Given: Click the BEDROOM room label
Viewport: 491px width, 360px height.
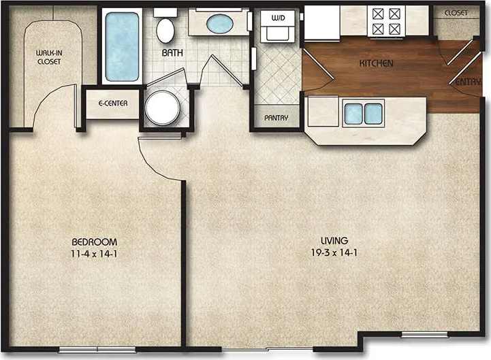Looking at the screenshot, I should (95, 242).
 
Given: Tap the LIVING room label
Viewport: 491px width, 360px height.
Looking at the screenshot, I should (336, 240).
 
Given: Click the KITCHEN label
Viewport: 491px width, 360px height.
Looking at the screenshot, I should (377, 63).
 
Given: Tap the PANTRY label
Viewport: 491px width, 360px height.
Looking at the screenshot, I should (276, 118).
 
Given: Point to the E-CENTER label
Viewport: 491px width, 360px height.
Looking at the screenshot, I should (112, 105).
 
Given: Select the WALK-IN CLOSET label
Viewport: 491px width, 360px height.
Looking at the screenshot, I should (48, 56).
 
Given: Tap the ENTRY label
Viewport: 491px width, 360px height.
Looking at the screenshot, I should (466, 82).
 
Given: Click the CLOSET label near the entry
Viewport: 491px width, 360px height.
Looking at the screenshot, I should (456, 13).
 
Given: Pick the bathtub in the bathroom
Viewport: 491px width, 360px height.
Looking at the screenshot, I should (123, 46).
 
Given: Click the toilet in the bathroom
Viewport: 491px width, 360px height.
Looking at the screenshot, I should (165, 29).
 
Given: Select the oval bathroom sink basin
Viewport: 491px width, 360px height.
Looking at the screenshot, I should (220, 24).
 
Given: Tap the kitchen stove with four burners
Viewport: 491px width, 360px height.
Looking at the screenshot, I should (386, 21).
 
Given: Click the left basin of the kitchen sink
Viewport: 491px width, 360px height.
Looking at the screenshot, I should (353, 114).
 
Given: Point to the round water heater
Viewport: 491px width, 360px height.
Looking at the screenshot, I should (163, 108).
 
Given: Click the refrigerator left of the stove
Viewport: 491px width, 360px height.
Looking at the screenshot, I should (321, 22).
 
